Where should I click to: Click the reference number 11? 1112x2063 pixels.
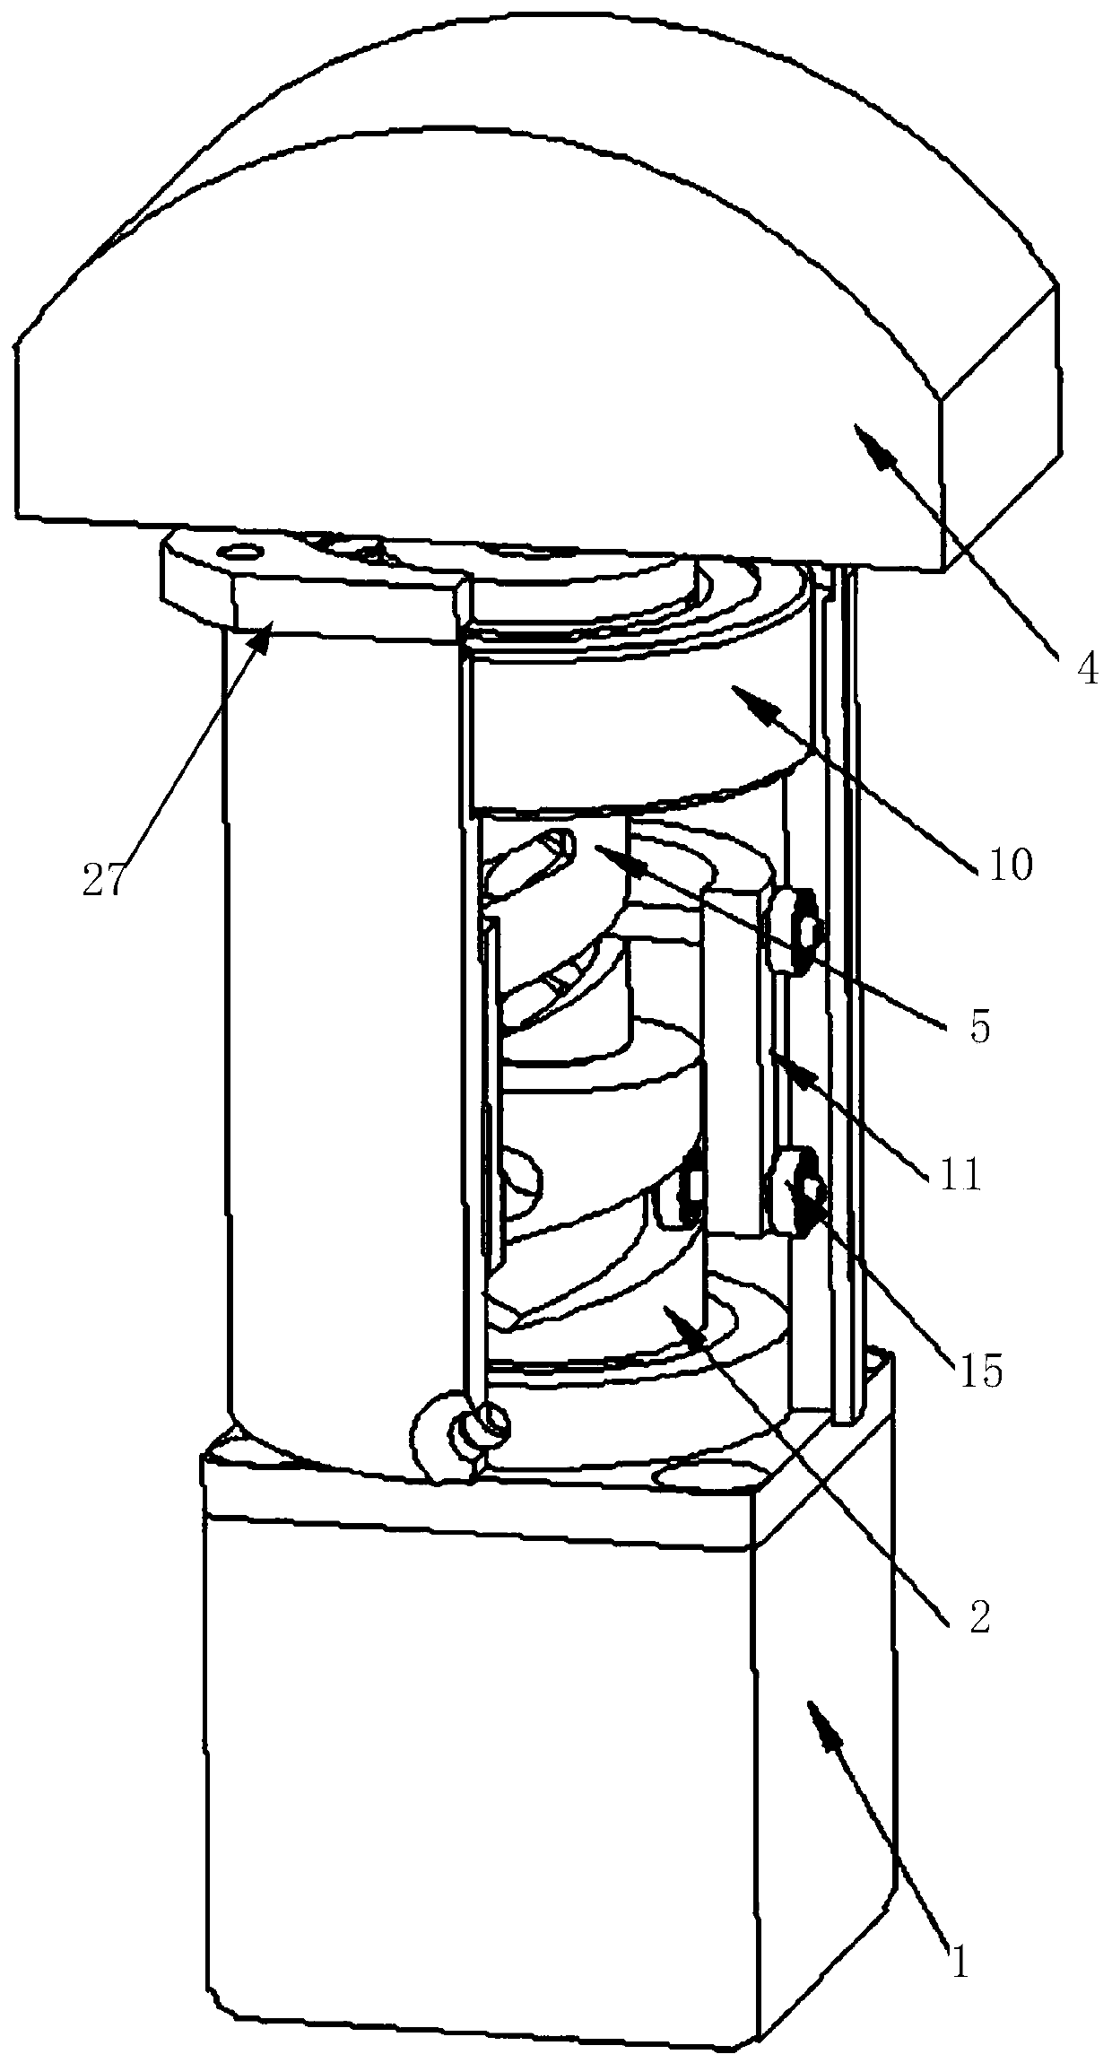coord(960,1174)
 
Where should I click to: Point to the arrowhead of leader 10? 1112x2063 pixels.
coord(735,689)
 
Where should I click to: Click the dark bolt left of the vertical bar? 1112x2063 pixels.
coord(689,1188)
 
